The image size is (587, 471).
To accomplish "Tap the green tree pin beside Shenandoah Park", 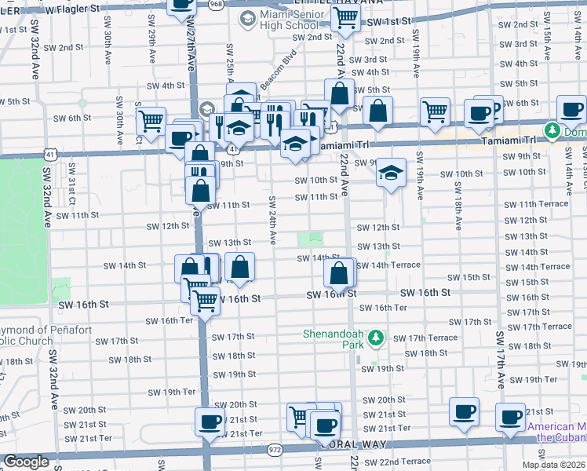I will [377, 338].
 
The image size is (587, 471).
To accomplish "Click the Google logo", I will [26, 462].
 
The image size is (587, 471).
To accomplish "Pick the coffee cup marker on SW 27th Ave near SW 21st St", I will [210, 422].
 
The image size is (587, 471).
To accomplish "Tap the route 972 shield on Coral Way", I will [274, 449].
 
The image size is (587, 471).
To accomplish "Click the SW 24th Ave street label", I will [272, 219].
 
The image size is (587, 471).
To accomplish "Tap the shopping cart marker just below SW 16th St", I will [206, 299].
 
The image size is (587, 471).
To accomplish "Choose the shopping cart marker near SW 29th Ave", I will [150, 121].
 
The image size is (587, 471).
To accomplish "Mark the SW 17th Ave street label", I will [499, 360].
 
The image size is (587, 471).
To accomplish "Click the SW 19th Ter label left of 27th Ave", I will [171, 392].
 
